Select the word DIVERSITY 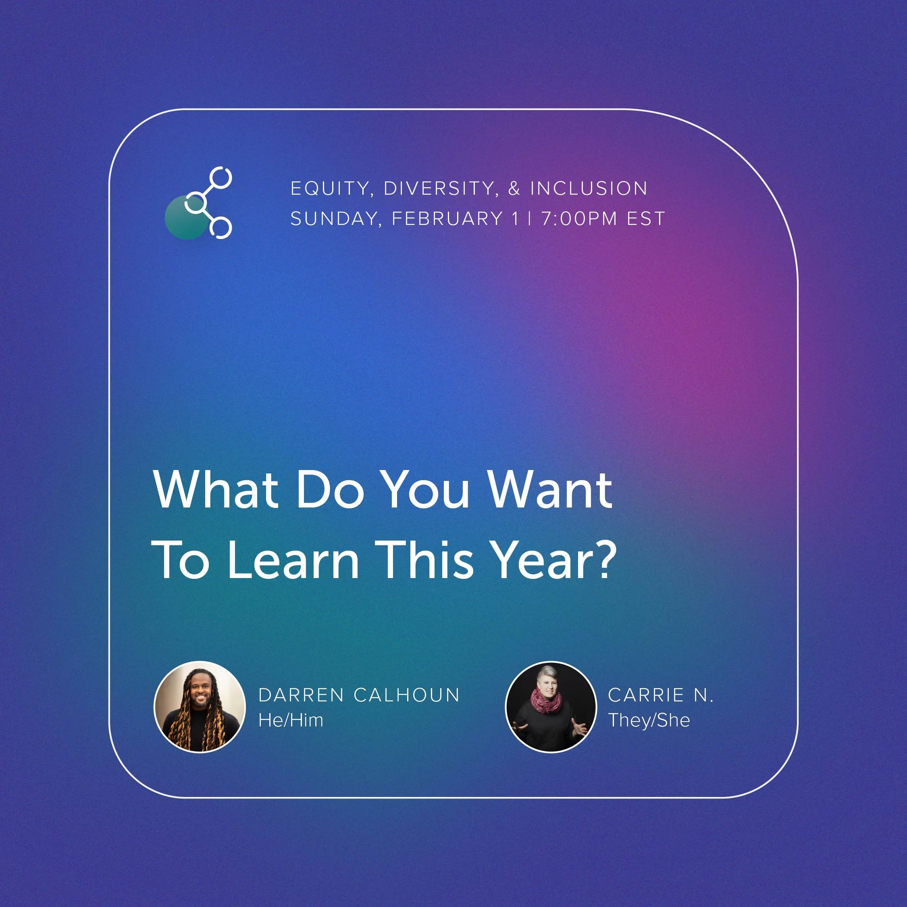[439, 189]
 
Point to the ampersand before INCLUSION [514, 189]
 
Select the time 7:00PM [579, 219]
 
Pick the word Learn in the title [294, 560]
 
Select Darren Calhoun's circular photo [200, 707]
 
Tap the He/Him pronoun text [291, 720]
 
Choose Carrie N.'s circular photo [550, 707]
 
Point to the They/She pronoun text [649, 720]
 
